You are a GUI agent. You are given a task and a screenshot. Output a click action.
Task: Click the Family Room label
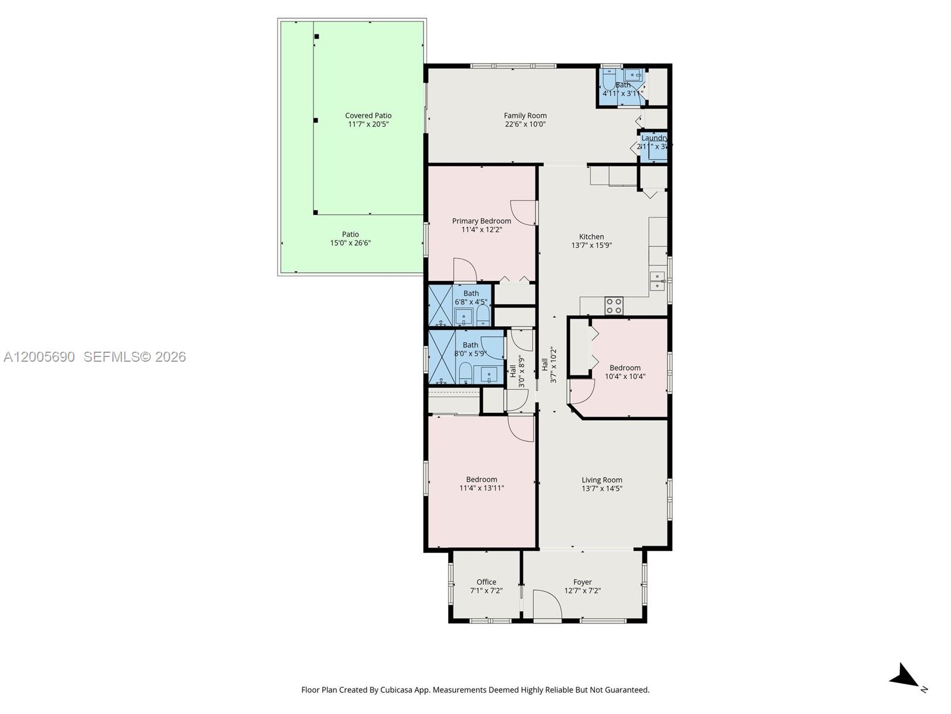(x=525, y=115)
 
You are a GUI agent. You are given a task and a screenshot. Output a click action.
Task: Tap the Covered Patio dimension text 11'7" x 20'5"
(x=368, y=124)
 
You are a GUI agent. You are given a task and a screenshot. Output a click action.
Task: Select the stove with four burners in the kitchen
(x=614, y=306)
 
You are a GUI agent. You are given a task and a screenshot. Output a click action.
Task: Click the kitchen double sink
(x=657, y=281)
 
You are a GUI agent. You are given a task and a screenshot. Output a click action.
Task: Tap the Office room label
(x=486, y=582)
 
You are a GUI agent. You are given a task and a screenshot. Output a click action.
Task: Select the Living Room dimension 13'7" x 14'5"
(x=602, y=488)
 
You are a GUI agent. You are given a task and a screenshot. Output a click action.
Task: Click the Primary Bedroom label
(x=481, y=221)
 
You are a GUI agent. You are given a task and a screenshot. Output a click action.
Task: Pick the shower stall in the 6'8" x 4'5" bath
(x=440, y=305)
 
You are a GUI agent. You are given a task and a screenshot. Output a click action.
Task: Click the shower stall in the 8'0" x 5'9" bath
(x=442, y=356)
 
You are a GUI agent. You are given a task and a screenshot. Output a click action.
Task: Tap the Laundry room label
(x=654, y=138)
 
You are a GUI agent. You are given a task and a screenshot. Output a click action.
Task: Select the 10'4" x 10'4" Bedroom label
(x=625, y=368)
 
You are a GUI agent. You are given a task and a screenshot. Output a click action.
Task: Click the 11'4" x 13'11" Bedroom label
(x=481, y=480)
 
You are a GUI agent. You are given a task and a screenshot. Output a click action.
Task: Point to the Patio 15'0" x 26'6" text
(x=350, y=239)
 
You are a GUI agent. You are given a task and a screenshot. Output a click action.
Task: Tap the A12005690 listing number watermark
(x=39, y=356)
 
